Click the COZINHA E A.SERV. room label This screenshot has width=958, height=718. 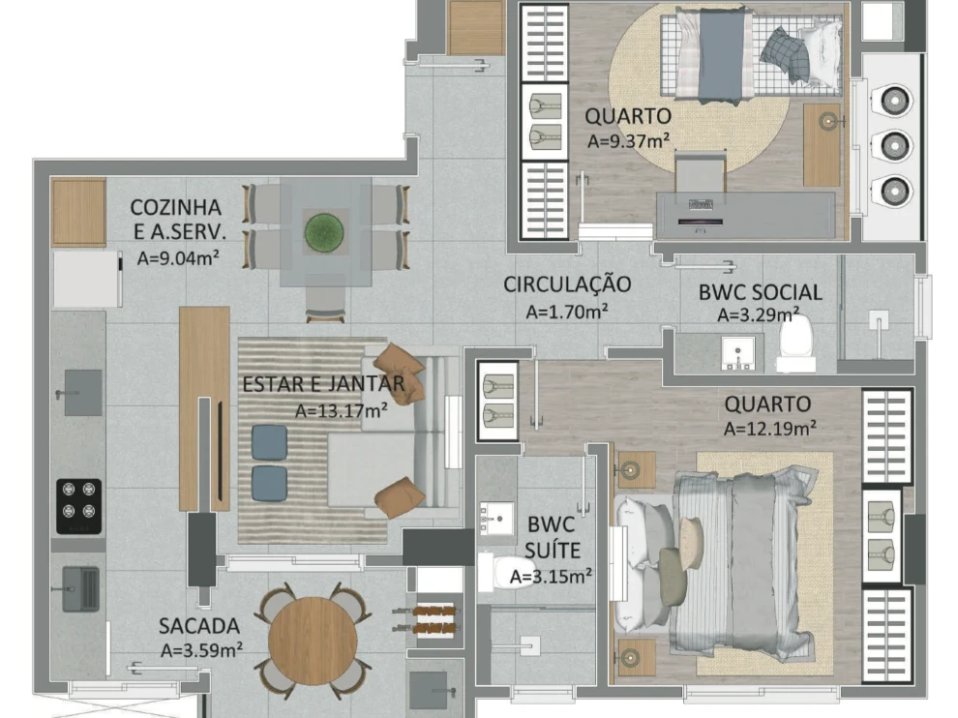177,220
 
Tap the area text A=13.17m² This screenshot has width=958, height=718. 342,410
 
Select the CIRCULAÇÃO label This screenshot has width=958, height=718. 567,284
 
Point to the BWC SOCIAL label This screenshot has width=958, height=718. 760,292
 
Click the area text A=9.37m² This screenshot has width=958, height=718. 629,140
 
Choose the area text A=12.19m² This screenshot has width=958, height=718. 769,427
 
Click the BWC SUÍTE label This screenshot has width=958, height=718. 552,538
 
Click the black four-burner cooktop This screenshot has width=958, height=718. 78,504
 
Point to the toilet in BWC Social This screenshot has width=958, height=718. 795,343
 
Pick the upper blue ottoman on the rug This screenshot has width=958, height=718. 269,442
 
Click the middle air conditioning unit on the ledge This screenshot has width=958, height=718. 892,145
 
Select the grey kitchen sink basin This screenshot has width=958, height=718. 83,392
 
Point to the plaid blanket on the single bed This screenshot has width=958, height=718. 787,55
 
